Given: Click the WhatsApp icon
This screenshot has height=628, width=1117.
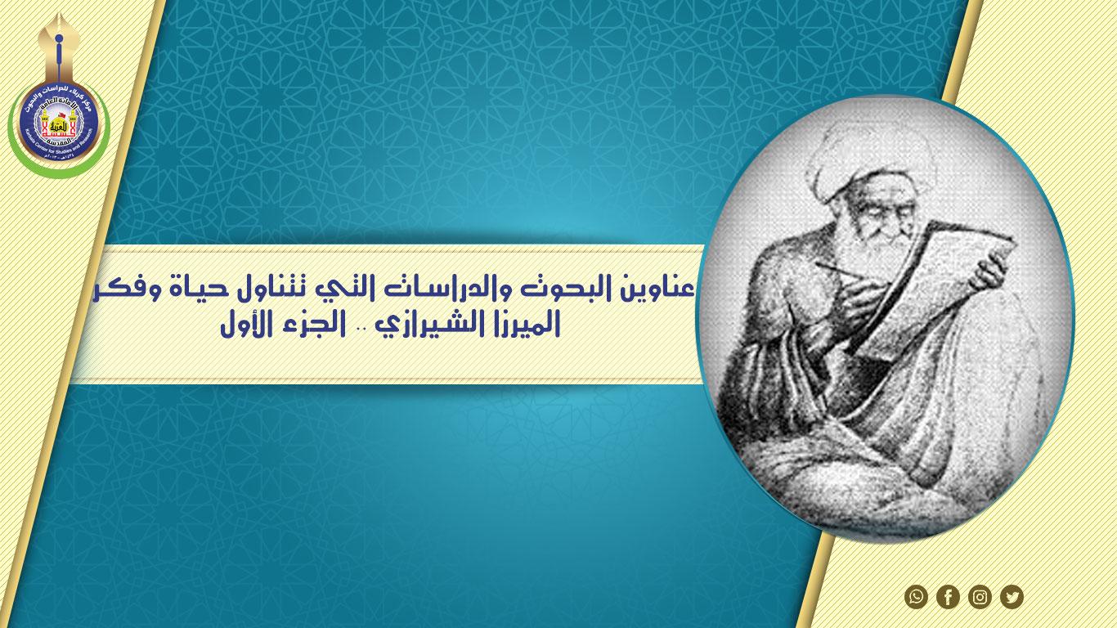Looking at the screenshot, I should pos(916,597).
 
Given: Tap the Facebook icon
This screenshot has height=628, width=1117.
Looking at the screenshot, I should pos(948,597).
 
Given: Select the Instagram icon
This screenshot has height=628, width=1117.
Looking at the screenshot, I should pos(980,597).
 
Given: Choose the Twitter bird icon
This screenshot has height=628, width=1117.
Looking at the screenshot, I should pos(1012,597).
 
